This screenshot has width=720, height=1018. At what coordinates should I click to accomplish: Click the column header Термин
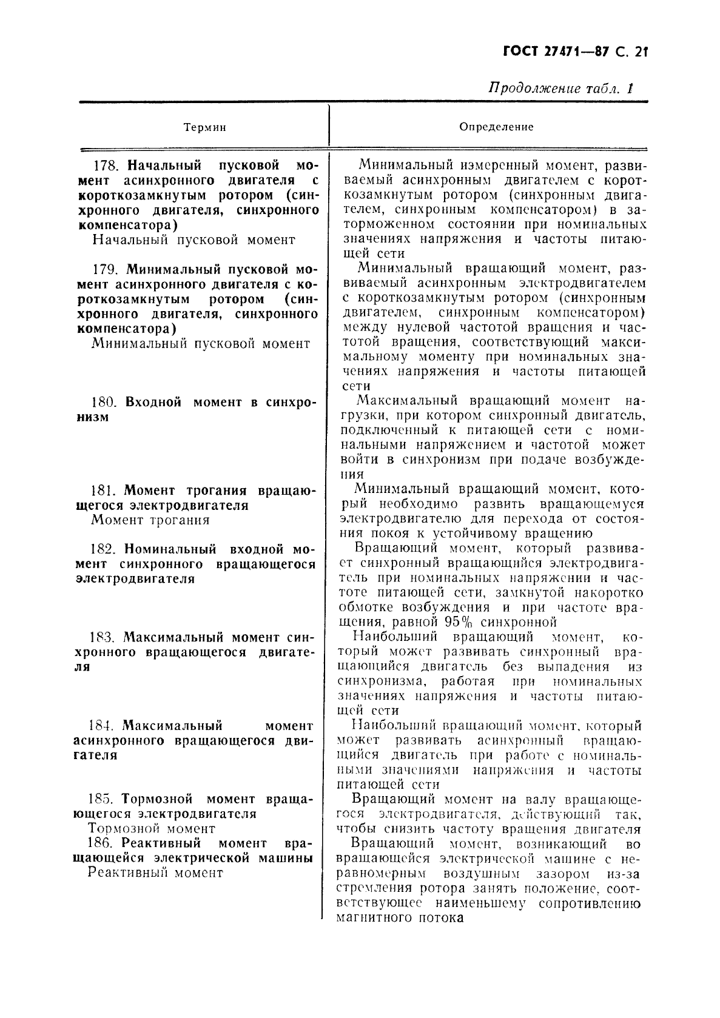pos(204,127)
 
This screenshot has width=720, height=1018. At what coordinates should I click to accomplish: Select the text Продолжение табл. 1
pos(560,89)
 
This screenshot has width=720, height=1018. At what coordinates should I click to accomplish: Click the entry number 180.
pos(104,402)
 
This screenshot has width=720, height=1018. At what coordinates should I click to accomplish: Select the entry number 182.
pos(103,549)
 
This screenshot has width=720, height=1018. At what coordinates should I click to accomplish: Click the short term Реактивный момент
pos(155,873)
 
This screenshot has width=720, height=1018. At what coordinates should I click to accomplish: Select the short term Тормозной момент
pos(152,828)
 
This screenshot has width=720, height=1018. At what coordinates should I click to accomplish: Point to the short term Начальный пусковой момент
pos(193,240)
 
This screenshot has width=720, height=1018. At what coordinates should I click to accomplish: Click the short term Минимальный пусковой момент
pos(201,344)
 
